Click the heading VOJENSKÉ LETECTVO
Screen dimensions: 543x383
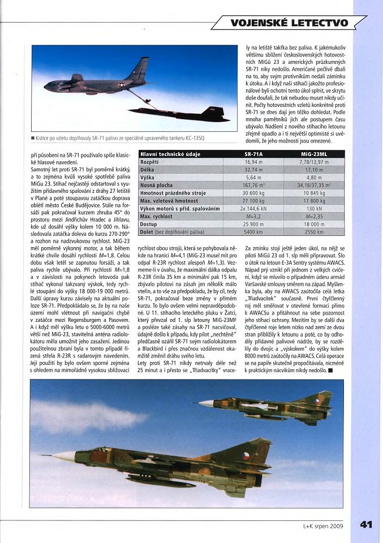289,23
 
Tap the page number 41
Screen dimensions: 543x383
365,524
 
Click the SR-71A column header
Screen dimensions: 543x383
253,153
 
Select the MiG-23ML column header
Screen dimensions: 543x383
313,153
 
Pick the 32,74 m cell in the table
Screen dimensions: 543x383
253,169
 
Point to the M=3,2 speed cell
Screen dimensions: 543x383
253,217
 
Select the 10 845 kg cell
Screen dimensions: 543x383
313,193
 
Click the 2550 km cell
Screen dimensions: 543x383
313,232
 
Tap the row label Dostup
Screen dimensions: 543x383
149,224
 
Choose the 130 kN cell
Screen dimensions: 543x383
313,209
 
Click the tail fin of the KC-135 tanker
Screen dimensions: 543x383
139,69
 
